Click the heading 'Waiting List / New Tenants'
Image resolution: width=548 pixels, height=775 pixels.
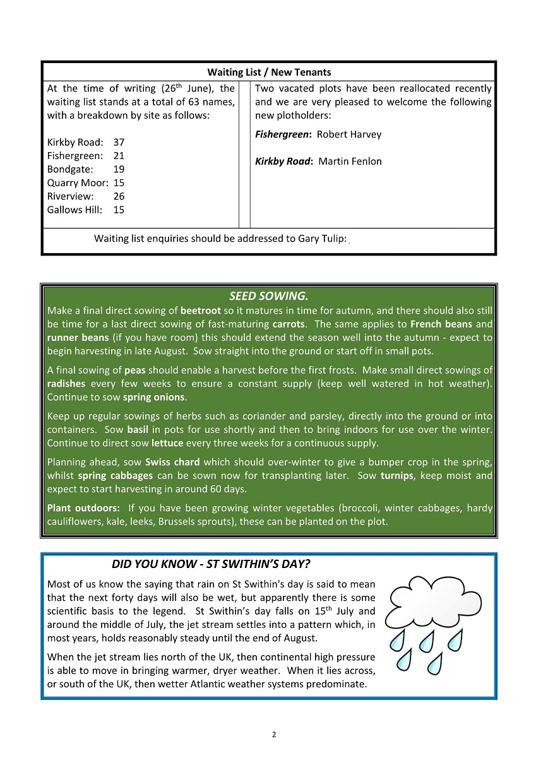click(x=269, y=73)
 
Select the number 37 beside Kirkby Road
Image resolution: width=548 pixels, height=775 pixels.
click(x=119, y=143)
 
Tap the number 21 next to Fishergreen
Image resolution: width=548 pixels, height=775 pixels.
click(x=119, y=156)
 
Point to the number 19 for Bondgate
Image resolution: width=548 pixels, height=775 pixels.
click(x=119, y=169)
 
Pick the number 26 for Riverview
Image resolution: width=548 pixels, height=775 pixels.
click(x=119, y=196)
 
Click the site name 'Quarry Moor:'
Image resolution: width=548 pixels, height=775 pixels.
click(x=77, y=183)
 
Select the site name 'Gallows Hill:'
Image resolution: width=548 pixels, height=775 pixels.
click(x=74, y=210)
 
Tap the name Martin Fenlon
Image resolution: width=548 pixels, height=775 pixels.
click(x=350, y=162)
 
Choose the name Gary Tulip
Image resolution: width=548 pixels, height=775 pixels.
click(x=322, y=239)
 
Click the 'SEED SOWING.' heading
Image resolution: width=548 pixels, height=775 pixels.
click(x=268, y=296)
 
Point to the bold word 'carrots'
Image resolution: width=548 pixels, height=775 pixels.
click(x=289, y=324)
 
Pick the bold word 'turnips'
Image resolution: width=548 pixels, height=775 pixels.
click(x=396, y=476)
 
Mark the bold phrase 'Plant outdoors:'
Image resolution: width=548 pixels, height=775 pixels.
click(x=83, y=508)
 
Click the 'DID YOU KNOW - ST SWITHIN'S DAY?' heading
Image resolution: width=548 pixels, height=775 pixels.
click(x=211, y=564)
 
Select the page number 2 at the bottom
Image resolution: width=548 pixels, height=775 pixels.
click(x=274, y=734)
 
